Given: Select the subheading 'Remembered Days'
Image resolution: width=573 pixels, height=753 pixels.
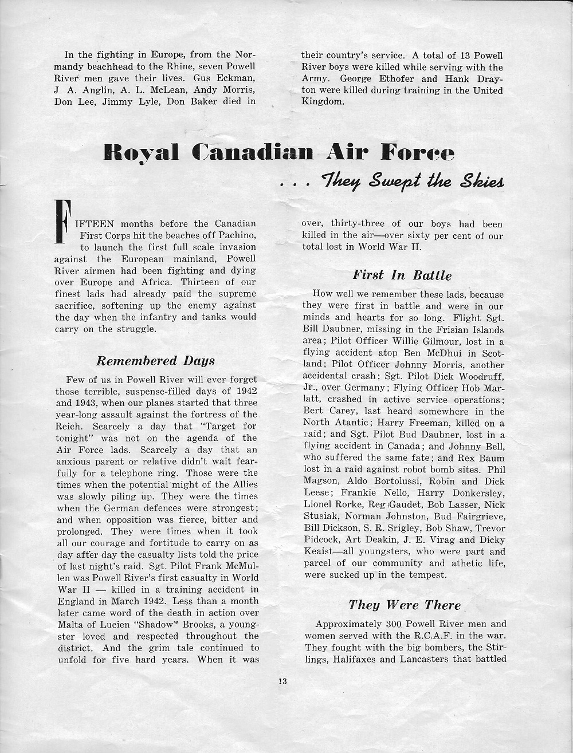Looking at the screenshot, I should click(155, 361).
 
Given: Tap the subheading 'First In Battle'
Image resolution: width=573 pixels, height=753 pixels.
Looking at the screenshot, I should click(402, 275).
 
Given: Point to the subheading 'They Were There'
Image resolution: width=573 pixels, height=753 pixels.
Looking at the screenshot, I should click(404, 605).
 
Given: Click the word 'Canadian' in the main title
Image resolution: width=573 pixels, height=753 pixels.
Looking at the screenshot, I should click(253, 152).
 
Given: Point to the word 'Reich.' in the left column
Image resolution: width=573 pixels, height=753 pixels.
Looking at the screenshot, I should click(70, 426).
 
